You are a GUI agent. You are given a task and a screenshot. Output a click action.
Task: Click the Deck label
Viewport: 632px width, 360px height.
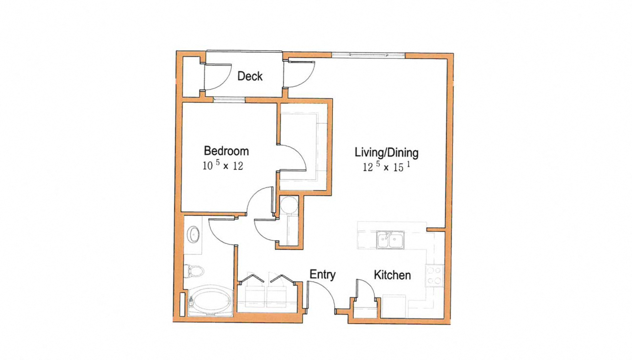[x=250, y=76]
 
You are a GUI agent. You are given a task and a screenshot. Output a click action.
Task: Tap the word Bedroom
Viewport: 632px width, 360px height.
[x=226, y=151]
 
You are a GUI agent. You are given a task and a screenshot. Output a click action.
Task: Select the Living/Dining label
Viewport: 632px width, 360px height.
[x=386, y=152]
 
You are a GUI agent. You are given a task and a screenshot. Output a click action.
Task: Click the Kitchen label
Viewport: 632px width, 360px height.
[x=392, y=275]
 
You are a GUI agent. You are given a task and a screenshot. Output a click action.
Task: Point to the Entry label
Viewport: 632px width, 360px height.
[x=322, y=274]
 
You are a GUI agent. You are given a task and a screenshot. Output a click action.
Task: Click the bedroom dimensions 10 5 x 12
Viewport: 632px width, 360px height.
[x=223, y=165]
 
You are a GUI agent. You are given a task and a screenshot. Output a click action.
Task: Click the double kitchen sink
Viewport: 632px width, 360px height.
[x=390, y=240]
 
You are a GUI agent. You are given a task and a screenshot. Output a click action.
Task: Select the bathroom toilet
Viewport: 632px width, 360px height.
[x=194, y=271]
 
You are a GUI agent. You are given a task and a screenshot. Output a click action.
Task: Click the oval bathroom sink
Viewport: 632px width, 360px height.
[x=193, y=234]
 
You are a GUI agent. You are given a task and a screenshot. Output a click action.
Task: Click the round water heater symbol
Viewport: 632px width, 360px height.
[x=289, y=205]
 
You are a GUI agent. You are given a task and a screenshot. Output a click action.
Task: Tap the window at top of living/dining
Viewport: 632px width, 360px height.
[x=368, y=55]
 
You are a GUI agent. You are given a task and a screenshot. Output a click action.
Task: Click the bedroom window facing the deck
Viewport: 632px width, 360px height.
[x=229, y=100]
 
